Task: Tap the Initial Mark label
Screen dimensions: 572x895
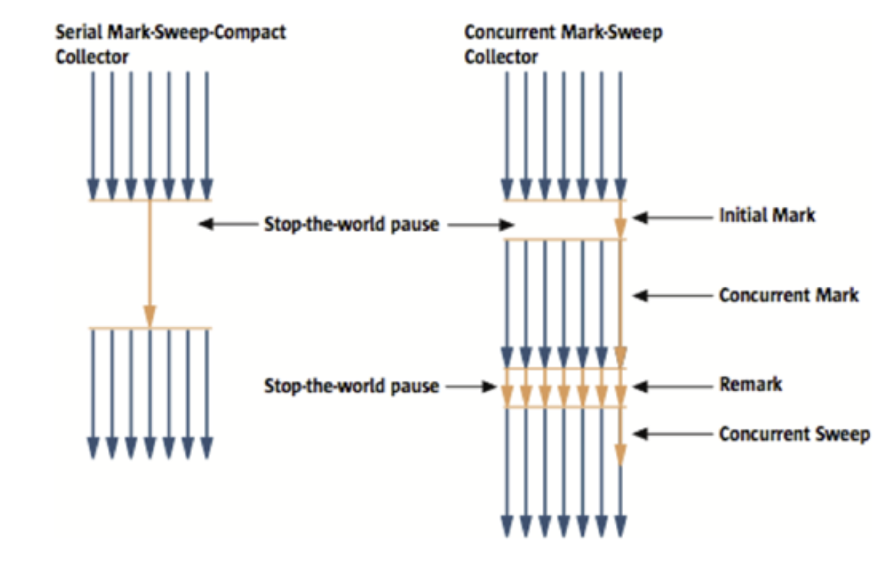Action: [x=767, y=216]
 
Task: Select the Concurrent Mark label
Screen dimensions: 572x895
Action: [x=788, y=295]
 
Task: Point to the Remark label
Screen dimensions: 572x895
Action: [x=750, y=384]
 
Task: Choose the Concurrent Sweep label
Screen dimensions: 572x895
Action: [x=793, y=434]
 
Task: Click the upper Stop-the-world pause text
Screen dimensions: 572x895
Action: [x=351, y=224]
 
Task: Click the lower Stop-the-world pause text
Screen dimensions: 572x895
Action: [x=351, y=385]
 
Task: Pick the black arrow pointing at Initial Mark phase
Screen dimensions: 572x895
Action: [x=671, y=216]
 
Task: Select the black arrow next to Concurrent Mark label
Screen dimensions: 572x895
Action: [x=671, y=295]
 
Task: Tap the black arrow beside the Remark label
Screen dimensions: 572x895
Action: [x=671, y=385]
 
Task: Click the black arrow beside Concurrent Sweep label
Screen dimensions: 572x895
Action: [x=671, y=434]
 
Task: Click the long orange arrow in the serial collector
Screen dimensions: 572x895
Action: [x=149, y=261]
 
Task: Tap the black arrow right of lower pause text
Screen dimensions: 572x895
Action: [x=471, y=386]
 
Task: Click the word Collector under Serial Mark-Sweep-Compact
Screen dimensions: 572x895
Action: [x=91, y=57]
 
